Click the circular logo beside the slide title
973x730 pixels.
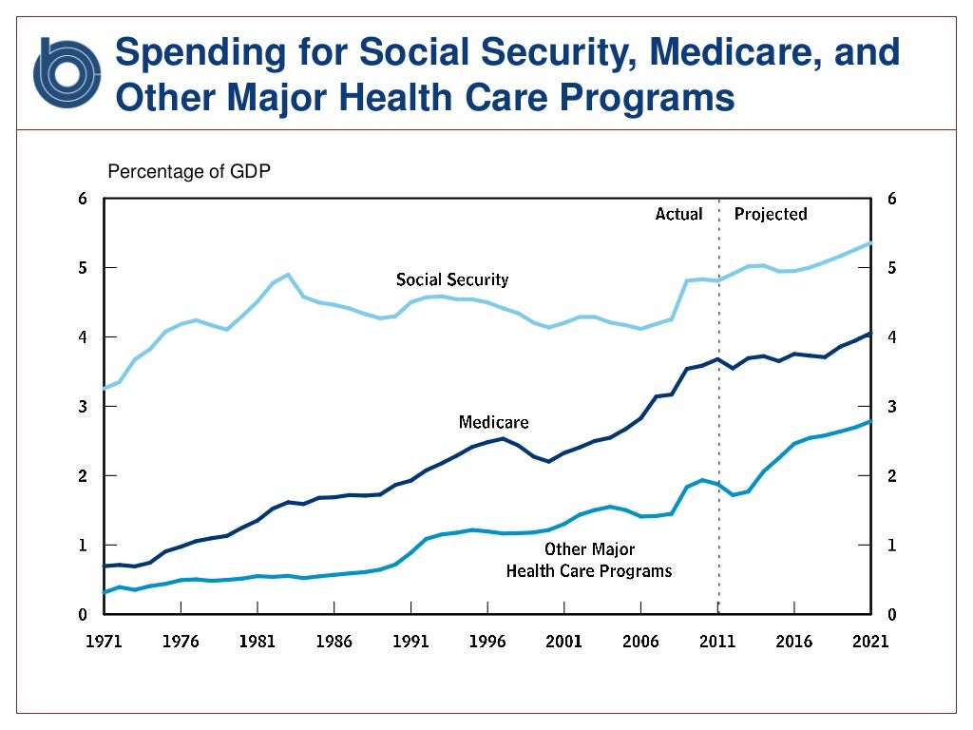click(67, 71)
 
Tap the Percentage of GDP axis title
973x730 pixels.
click(190, 172)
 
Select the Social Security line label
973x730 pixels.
click(452, 279)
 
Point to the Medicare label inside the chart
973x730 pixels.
click(493, 422)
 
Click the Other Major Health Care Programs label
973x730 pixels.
click(589, 561)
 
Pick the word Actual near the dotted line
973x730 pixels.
click(678, 214)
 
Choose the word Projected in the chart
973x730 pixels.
click(771, 214)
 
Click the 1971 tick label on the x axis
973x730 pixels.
click(104, 641)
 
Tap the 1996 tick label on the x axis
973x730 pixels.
click(486, 641)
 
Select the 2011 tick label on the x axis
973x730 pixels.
click(717, 641)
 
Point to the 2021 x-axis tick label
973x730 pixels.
click(870, 641)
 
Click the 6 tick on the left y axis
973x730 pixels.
click(83, 199)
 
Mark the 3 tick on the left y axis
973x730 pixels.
click(83, 407)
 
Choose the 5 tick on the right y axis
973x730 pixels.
click(891, 268)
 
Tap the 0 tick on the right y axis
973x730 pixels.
click(891, 615)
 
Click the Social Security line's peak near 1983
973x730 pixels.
click(287, 274)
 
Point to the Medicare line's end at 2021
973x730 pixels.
click(870, 334)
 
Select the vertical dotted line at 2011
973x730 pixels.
click(718, 428)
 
